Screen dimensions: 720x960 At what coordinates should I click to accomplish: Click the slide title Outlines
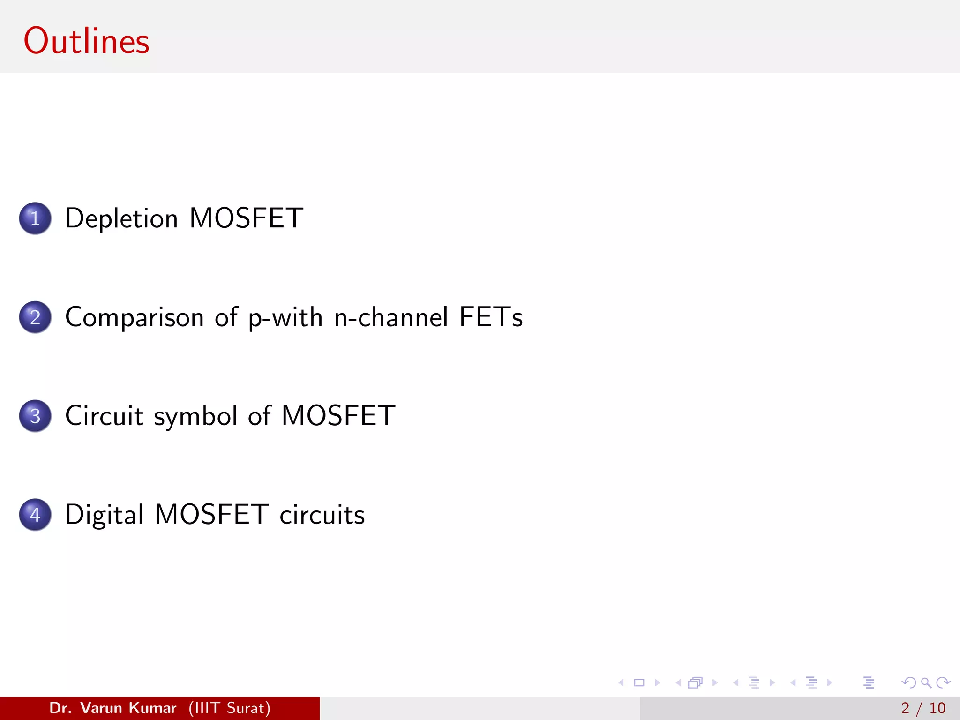(87, 41)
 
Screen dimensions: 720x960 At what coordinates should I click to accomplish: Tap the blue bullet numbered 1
(35, 218)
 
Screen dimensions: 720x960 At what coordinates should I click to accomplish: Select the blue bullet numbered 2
(35, 317)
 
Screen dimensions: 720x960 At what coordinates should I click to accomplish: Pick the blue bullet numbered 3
(35, 416)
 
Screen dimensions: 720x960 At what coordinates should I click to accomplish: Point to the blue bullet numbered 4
(35, 515)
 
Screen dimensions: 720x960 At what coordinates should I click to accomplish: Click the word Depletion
(121, 218)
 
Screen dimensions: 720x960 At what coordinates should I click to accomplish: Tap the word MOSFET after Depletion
(247, 218)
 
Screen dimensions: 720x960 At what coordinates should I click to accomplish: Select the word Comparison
(135, 317)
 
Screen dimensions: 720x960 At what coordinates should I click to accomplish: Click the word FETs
(491, 317)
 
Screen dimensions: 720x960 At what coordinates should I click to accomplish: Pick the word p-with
(285, 317)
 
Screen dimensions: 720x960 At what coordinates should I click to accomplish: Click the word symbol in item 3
(195, 416)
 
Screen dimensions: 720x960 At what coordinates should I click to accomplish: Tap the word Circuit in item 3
(104, 416)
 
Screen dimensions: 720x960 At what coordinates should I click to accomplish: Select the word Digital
(104, 515)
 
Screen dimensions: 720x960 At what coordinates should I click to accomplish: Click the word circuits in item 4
(322, 515)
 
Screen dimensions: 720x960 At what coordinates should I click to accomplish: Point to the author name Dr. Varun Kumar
(113, 708)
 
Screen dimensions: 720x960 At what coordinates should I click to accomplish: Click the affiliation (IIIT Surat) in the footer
(230, 708)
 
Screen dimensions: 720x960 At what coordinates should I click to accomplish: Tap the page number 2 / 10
(923, 708)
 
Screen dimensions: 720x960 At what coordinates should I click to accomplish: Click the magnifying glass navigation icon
(926, 683)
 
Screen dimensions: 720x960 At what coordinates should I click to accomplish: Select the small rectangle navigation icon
(639, 683)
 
